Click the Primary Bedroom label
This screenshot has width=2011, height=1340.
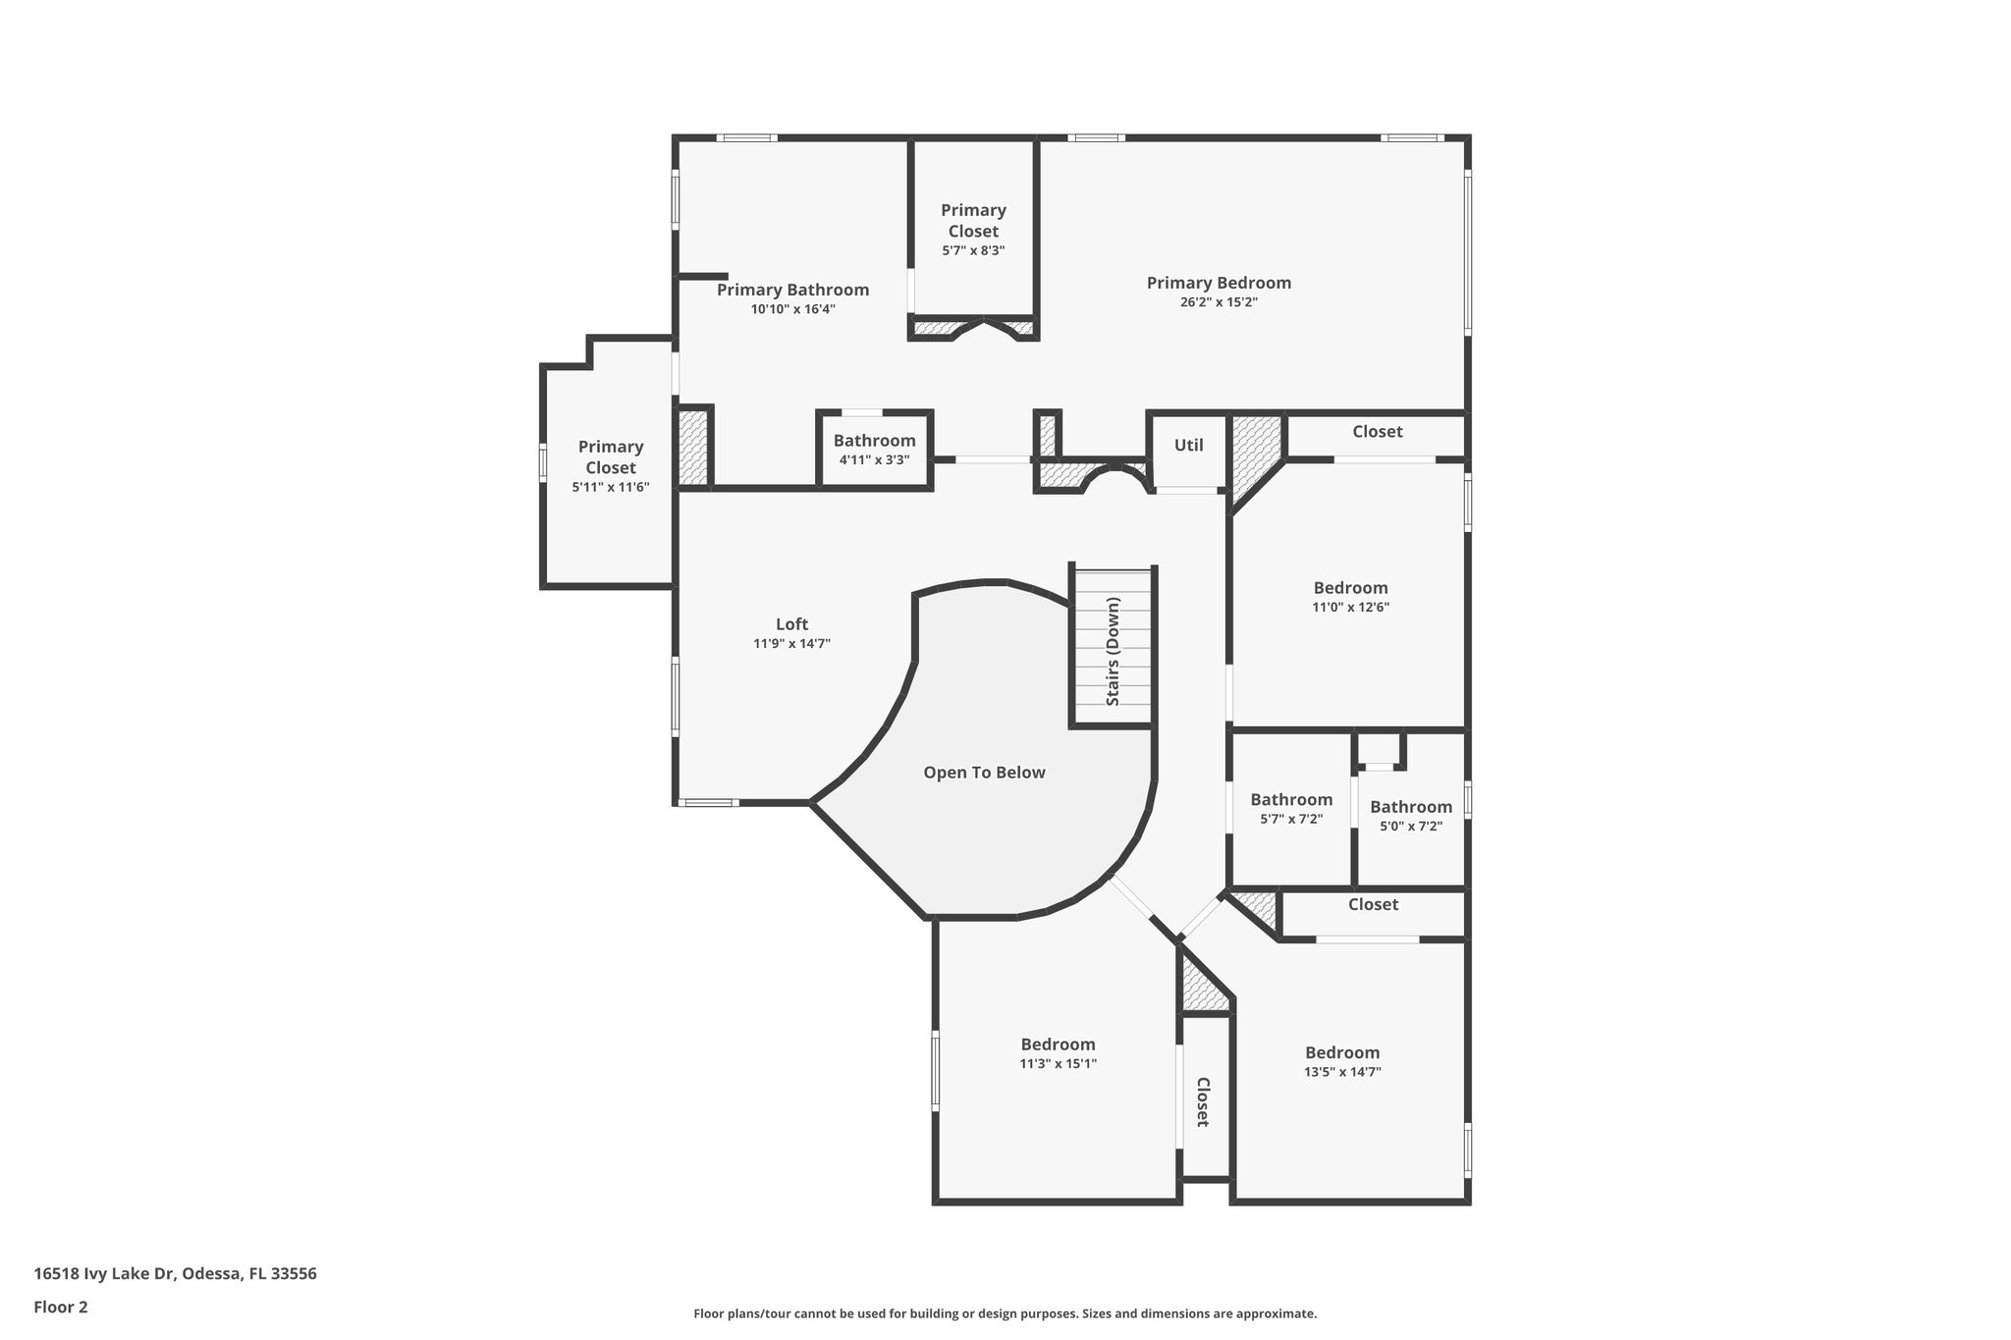[1219, 283]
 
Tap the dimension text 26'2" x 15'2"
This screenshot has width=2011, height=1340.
[1219, 302]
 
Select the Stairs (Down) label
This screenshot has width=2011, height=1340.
[1113, 651]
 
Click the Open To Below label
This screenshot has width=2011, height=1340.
[984, 773]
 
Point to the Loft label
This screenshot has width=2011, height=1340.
[791, 624]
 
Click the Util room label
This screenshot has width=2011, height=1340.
[1188, 445]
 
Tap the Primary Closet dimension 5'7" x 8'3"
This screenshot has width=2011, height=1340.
[973, 250]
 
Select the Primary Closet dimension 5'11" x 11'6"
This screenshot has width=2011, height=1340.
[611, 487]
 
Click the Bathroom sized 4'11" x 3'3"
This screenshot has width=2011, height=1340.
[874, 441]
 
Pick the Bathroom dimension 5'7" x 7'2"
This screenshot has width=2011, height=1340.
[1291, 819]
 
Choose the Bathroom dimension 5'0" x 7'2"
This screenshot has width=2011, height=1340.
[1411, 826]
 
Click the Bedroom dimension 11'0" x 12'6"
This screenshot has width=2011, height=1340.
[1350, 607]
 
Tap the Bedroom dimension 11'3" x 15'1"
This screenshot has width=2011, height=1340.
[1058, 1063]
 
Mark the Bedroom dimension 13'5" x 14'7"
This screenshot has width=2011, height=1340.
[1342, 1072]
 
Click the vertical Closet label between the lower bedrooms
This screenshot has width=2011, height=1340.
[1202, 1101]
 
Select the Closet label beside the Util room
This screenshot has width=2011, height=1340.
[1377, 431]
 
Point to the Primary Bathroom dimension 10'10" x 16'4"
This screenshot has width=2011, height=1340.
[792, 309]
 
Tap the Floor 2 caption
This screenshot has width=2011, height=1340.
[61, 1307]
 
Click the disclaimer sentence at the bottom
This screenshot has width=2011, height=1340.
[1005, 1313]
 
